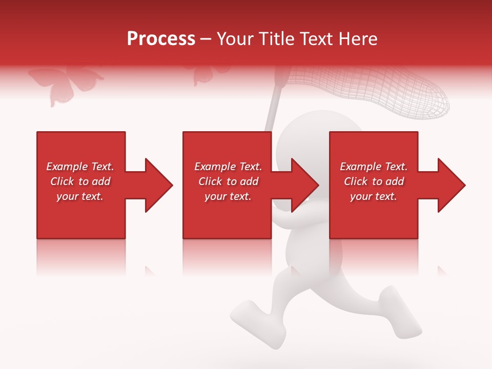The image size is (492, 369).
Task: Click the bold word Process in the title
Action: (x=161, y=39)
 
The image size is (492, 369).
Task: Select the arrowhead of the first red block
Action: (x=158, y=185)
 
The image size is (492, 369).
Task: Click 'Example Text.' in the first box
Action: (x=80, y=167)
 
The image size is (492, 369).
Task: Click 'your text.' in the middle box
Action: (x=228, y=196)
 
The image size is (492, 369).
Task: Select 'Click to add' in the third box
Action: (x=374, y=181)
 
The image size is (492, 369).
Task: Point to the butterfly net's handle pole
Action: (x=275, y=102)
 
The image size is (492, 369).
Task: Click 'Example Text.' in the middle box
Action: (x=228, y=167)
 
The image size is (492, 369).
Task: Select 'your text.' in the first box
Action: (x=80, y=196)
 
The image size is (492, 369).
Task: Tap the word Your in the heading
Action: (x=235, y=39)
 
